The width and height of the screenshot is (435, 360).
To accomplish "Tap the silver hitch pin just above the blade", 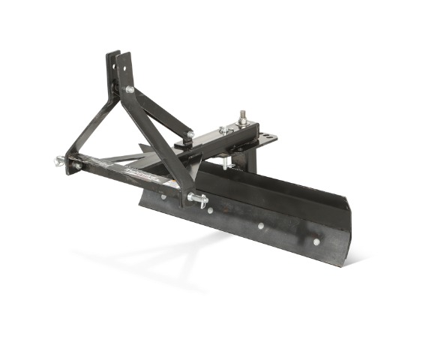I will click(x=199, y=199).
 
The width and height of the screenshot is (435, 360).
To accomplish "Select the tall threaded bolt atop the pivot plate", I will click(x=242, y=118).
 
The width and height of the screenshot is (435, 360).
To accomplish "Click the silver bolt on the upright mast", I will click(x=130, y=89).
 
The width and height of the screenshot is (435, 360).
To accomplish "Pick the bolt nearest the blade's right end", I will click(x=316, y=241).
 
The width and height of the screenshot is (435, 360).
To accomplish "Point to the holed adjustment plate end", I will click(x=265, y=139).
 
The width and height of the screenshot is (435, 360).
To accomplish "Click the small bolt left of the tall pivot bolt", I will click(x=223, y=130).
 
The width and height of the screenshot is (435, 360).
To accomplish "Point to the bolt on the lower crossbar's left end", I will click(x=77, y=165).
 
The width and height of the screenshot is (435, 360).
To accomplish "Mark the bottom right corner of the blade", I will click(x=346, y=262).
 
